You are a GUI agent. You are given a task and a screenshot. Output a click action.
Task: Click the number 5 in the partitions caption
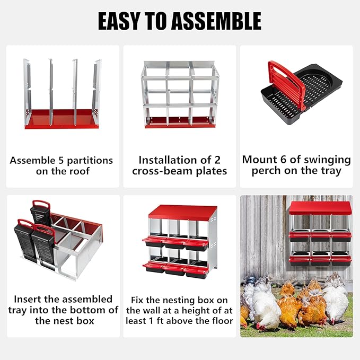[x=61, y=160]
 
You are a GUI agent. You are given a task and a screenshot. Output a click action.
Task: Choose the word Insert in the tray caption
[x=28, y=299]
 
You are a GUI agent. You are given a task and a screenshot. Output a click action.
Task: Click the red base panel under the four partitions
[x=62, y=119]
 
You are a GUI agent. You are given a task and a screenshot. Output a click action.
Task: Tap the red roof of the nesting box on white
[x=182, y=212]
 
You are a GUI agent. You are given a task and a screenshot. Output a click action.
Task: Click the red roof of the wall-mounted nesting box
[x=321, y=208]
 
